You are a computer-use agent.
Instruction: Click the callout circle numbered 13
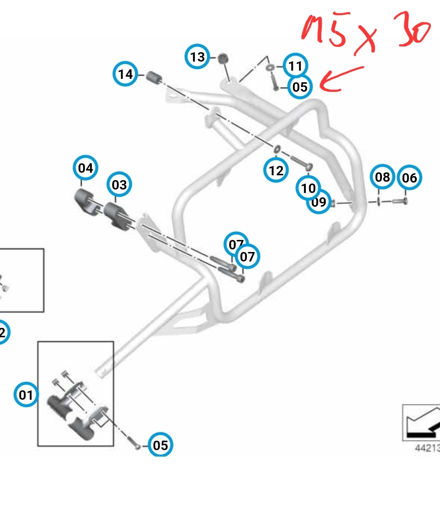pos(197,56)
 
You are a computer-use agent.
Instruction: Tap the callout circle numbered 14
pos(126,74)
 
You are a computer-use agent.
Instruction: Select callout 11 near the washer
pos(295,66)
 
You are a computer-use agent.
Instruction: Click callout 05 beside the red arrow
pos(299,87)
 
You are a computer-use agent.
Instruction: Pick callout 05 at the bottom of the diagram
pos(160,445)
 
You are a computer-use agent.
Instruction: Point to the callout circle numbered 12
pos(276,171)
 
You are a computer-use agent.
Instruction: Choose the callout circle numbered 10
pos(308,188)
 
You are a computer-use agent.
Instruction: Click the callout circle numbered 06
pos(409,177)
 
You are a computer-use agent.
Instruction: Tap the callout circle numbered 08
pos(382,177)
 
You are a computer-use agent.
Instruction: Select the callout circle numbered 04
pos(86,168)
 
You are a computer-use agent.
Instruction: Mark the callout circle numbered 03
pos(119,184)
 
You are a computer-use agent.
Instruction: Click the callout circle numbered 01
pos(26,395)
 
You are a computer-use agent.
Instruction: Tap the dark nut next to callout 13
pos(223,58)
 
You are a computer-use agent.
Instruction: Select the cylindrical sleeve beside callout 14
pos(153,78)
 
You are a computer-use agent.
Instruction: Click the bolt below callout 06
pos(400,201)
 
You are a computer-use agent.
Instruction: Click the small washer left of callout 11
pos(271,68)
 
